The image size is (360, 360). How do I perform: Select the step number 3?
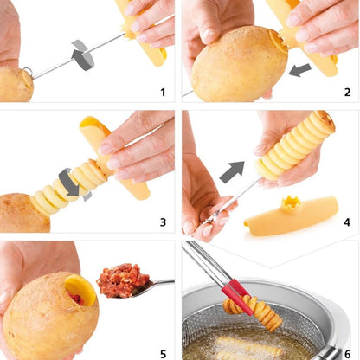162,222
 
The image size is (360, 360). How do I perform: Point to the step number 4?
344,222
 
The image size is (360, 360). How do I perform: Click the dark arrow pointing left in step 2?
300,68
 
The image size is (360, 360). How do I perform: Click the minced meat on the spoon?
123,280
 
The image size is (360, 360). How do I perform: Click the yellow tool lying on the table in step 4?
290,217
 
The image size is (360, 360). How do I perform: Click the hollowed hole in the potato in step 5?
75,289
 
